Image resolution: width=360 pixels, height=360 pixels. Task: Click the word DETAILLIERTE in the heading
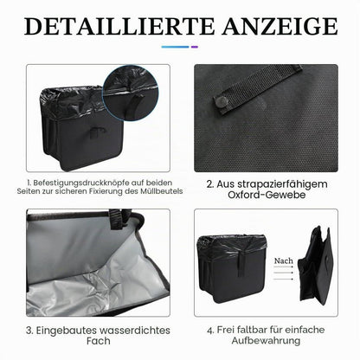tap(119, 26)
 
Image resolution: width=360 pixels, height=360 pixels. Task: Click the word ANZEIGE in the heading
tap(280, 26)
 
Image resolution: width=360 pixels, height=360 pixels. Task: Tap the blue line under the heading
tap(175, 47)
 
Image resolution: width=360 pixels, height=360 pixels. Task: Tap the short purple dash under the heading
tap(195, 47)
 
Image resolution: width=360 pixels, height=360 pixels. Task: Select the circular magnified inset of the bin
tap(131, 93)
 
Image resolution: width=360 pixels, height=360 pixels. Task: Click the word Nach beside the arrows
tap(283, 260)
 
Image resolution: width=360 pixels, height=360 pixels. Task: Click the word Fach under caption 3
tap(99, 341)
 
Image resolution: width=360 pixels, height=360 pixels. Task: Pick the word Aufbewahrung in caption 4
tap(266, 341)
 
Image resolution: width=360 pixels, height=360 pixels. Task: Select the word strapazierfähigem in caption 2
tap(272, 184)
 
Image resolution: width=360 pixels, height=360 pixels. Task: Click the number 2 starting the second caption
tap(209, 184)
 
